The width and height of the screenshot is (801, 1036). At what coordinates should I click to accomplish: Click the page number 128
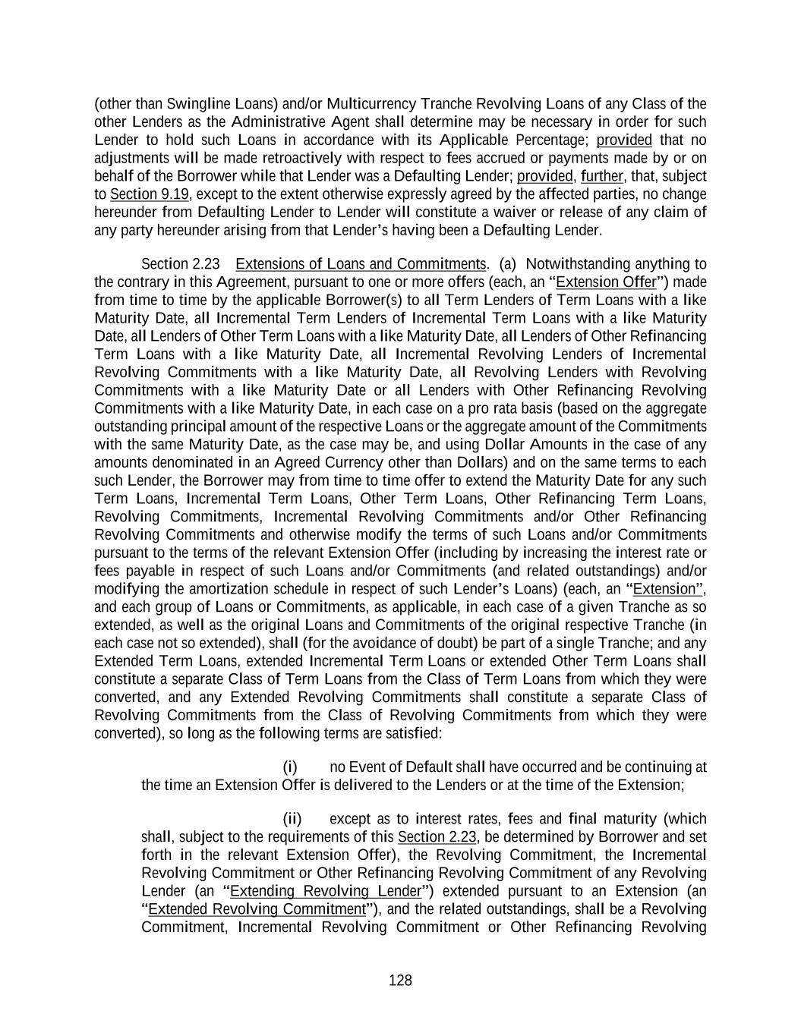coord(400,981)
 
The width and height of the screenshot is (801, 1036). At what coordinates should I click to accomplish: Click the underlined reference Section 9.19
coord(149,194)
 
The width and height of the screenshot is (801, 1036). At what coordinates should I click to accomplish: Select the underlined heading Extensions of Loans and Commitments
coord(361,263)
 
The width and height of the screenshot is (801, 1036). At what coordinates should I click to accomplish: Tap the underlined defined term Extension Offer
coord(605,282)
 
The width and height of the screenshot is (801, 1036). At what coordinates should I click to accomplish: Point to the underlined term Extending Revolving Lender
coord(325,890)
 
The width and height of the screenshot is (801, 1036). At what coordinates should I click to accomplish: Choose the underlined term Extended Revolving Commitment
coord(257,908)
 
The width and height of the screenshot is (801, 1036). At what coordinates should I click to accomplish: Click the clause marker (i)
coord(289,767)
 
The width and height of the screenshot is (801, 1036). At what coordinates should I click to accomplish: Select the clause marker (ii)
coord(292,818)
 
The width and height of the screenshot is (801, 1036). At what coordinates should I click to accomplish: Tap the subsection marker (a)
coord(507,263)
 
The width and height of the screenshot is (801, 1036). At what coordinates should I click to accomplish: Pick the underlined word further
coord(602,176)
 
